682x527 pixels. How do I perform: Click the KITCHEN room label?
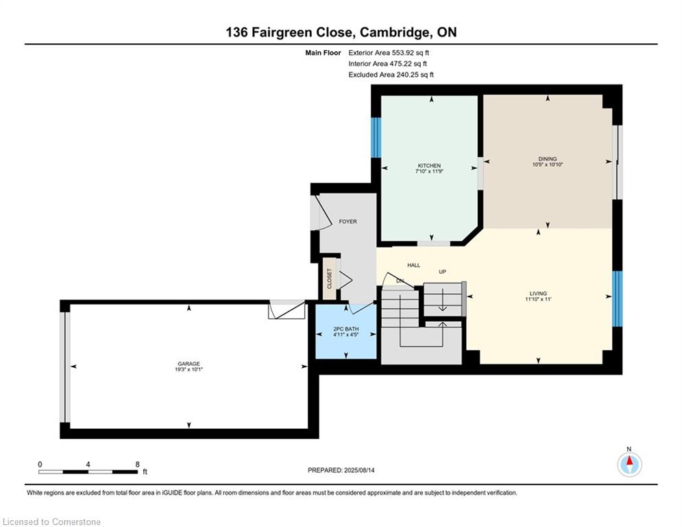tap(429, 165)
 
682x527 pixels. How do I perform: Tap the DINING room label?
tap(547, 159)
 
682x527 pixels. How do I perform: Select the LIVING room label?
tap(538, 294)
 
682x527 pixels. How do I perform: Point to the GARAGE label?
tap(188, 364)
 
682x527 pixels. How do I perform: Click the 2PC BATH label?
tap(345, 329)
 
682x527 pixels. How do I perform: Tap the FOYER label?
tap(348, 222)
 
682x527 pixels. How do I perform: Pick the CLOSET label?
tap(329, 279)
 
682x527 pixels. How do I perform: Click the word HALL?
tap(413, 266)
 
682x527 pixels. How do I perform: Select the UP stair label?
tap(442, 272)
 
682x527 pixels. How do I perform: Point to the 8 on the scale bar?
tap(138, 465)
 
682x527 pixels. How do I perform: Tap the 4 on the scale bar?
tap(88, 465)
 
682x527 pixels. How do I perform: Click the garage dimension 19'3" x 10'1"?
tap(188, 369)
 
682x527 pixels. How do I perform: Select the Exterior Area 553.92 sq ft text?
tap(389, 53)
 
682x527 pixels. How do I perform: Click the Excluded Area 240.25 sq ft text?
tap(391, 75)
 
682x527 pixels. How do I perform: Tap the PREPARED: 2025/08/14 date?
tap(341, 470)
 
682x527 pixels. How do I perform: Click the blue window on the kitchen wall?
tap(376, 138)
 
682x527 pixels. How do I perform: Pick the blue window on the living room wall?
tap(617, 298)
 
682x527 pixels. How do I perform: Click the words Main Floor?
tap(323, 53)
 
